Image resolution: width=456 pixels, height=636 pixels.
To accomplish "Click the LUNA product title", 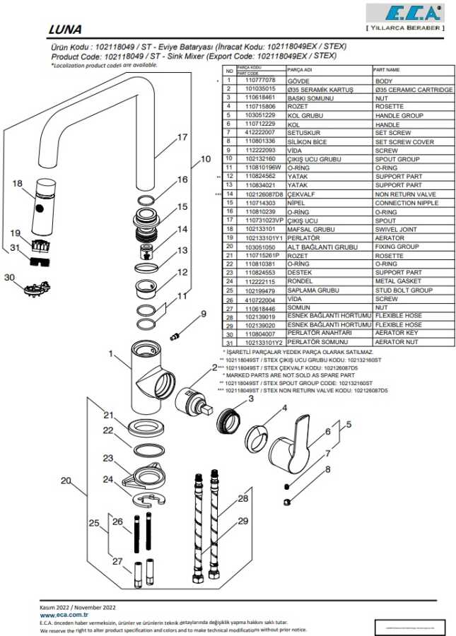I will tap(65, 30).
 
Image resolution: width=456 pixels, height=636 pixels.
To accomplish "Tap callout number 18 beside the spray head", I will tap(18, 184).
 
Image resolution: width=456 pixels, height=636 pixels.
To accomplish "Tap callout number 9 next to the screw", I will tap(203, 314).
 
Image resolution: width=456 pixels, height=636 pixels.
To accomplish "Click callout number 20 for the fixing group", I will tap(66, 481).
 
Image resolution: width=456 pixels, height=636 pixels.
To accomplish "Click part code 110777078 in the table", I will tap(259, 81).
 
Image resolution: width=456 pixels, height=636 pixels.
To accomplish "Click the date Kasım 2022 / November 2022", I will tap(78, 607).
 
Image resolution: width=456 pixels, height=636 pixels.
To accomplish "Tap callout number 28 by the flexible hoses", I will tap(242, 498).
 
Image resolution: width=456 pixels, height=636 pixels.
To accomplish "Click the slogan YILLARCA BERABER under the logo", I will tap(404, 28).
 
